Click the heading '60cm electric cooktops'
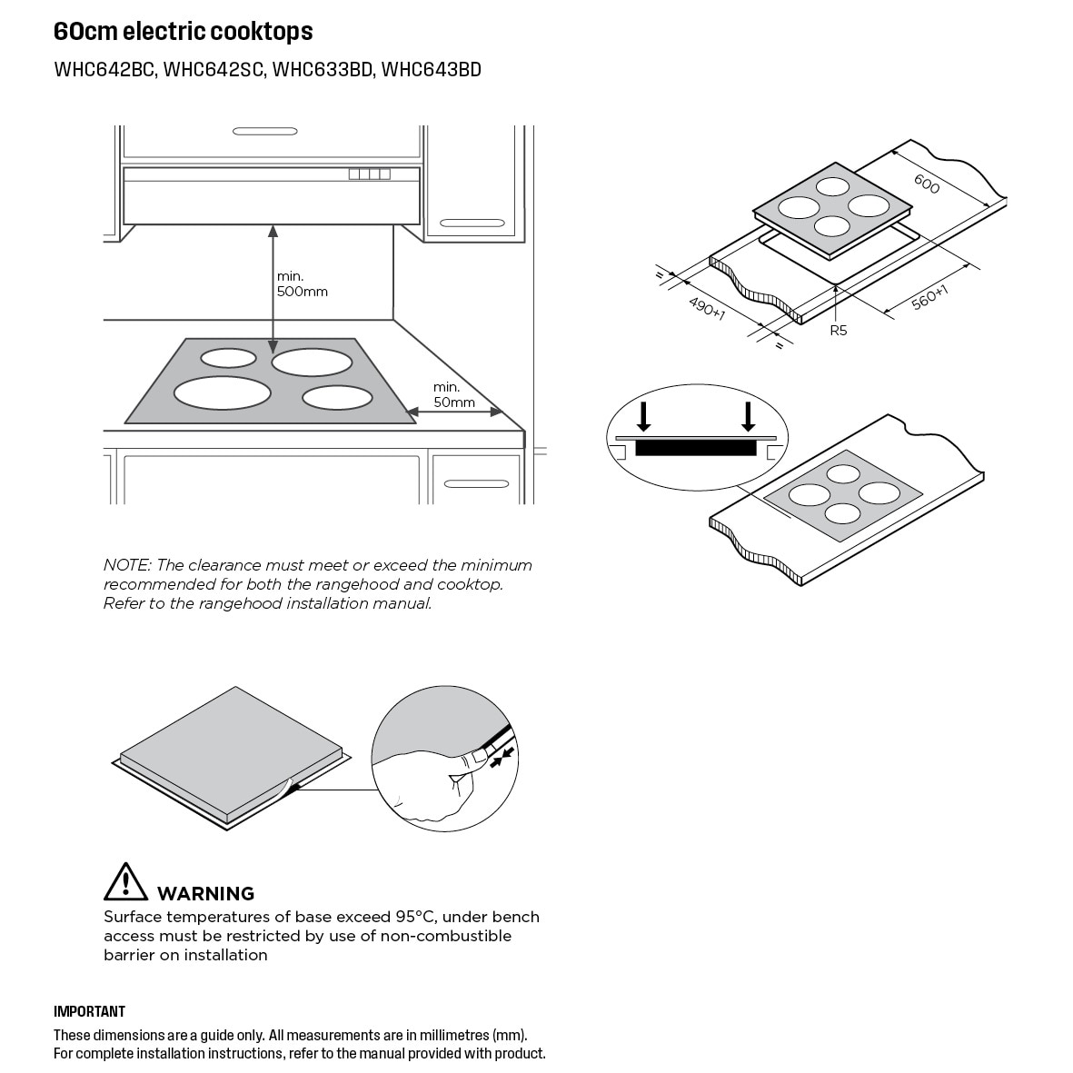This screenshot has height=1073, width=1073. [x=183, y=32]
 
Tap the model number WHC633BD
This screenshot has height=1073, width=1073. [x=323, y=70]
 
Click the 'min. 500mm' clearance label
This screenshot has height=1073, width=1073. [x=302, y=284]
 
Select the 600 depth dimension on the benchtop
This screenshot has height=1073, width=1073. [x=926, y=184]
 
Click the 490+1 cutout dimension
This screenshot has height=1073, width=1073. [x=706, y=308]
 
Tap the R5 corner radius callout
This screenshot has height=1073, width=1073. [x=838, y=331]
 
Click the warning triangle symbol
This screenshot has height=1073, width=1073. [x=125, y=881]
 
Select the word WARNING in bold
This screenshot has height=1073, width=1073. [x=205, y=893]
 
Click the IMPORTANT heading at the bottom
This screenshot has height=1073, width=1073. [x=89, y=1011]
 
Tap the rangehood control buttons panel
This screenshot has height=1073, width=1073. [x=369, y=174]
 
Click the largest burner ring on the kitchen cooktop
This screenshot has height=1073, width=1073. [x=222, y=392]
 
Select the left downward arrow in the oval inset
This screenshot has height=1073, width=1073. [x=644, y=416]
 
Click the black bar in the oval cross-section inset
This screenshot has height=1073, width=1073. [x=696, y=448]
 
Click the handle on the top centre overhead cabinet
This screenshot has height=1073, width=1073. [x=264, y=132]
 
